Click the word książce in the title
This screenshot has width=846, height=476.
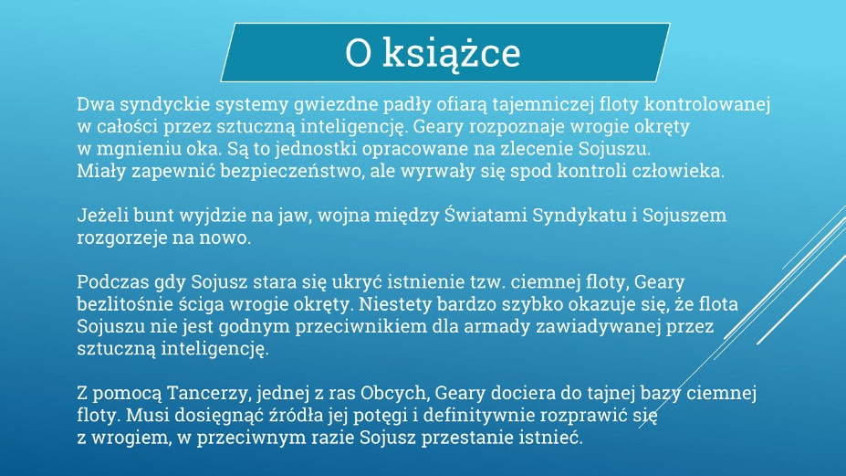point(451,54)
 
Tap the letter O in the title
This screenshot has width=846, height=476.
point(359,53)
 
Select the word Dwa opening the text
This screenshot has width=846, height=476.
point(96,104)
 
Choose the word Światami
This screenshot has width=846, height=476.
point(486,216)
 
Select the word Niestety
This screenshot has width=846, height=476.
point(395,304)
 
